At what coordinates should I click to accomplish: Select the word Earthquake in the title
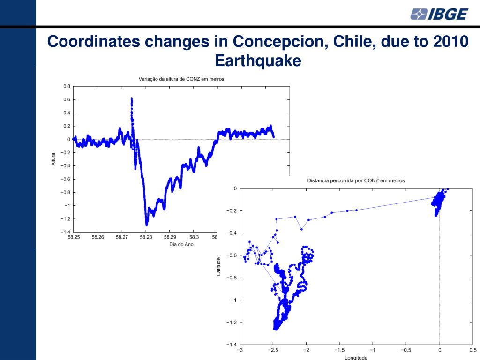click(257, 61)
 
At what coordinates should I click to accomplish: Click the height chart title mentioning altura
click(181, 79)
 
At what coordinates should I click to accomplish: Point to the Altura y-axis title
click(53, 159)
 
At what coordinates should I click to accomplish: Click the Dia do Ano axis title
click(181, 244)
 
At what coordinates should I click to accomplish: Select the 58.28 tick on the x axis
click(146, 237)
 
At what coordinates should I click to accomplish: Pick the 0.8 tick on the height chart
click(67, 86)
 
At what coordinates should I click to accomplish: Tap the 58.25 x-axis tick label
click(74, 237)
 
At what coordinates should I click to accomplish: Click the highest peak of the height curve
click(131, 98)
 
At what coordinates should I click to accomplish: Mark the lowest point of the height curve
click(147, 225)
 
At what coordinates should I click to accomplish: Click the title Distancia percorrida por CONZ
click(355, 180)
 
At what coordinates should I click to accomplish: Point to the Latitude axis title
click(219, 266)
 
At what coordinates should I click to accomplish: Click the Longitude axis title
click(356, 357)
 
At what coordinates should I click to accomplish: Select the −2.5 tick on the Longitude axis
click(272, 350)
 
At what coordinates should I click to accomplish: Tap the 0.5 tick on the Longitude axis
click(472, 350)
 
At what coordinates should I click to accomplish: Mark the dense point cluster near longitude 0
click(439, 202)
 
